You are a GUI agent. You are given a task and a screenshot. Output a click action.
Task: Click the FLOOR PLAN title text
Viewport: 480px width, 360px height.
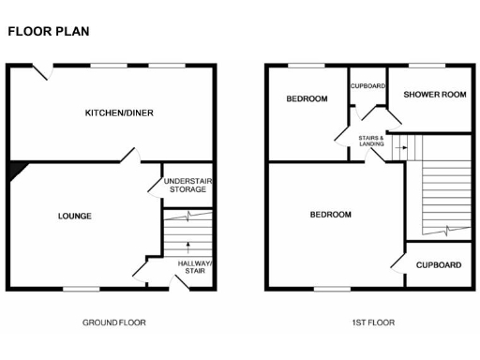(x=48, y=30)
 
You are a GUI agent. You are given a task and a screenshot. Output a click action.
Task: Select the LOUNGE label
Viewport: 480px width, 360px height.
(x=74, y=216)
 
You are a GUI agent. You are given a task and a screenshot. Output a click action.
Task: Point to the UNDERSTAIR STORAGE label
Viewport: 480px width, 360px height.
(x=184, y=185)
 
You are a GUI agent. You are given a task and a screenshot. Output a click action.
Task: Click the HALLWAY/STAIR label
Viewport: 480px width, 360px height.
(x=194, y=268)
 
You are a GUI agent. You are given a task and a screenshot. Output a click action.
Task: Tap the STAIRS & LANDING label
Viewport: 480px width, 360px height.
(x=371, y=142)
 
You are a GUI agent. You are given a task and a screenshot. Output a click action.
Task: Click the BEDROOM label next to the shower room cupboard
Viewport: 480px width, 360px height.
(x=307, y=98)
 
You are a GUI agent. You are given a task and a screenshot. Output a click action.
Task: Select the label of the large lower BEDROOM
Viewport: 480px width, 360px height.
(x=330, y=215)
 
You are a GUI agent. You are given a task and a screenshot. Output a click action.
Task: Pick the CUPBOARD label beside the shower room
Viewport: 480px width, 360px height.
(x=368, y=86)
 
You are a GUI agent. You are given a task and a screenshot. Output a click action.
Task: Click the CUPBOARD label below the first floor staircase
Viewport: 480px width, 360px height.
(x=438, y=265)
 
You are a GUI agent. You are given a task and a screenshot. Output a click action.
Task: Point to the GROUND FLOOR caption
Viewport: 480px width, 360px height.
(x=113, y=322)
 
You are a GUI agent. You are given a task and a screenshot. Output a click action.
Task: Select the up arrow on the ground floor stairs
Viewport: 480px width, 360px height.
(x=188, y=247)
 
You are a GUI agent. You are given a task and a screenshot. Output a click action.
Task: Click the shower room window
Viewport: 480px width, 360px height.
(x=428, y=65)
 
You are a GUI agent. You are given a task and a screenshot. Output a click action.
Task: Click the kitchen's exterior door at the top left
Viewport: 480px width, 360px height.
(x=40, y=67)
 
